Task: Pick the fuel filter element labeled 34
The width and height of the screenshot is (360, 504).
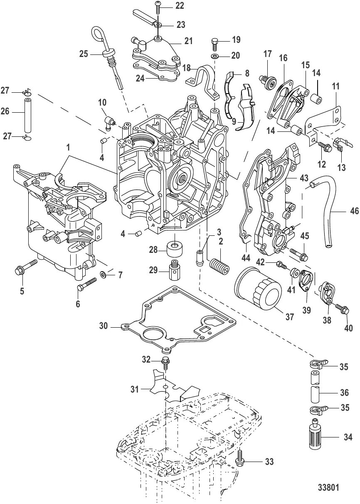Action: coord(320,437)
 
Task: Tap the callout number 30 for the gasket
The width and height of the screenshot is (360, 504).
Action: coord(105,326)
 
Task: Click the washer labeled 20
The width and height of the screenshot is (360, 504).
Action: coord(215,56)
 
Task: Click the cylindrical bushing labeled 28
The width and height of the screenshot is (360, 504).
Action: coord(175,249)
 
